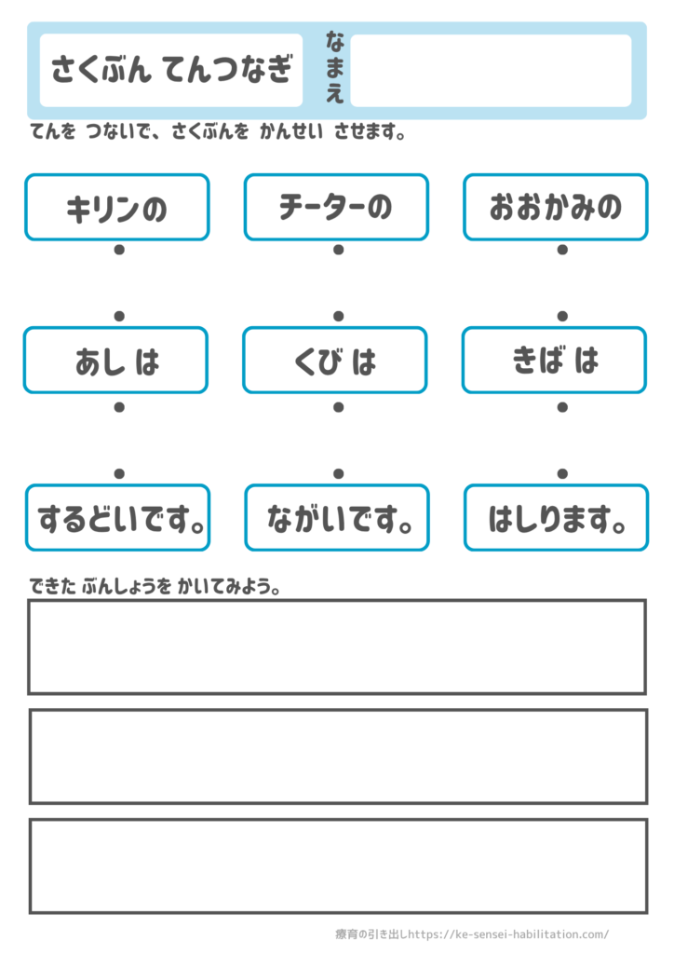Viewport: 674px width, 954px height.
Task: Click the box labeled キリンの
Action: [117, 208]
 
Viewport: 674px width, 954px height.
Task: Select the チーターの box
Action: [337, 208]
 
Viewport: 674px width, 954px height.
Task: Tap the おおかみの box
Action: [556, 208]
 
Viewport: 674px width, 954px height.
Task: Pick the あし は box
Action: [116, 361]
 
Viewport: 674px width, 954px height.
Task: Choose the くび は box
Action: [335, 361]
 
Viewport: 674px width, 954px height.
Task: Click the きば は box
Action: [555, 361]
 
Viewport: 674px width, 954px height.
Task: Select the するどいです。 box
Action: [118, 518]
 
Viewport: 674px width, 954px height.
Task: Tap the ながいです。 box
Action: [337, 518]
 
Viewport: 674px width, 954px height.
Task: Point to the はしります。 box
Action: [557, 518]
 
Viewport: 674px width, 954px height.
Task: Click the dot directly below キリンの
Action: [119, 250]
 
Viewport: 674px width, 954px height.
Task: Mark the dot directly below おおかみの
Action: [563, 250]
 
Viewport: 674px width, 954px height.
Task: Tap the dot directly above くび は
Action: [339, 316]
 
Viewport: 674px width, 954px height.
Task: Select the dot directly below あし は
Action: [119, 407]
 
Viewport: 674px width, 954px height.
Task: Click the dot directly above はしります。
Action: [563, 473]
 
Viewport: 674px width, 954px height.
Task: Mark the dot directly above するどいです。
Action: [119, 473]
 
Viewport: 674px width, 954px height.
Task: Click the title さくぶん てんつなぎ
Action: [172, 69]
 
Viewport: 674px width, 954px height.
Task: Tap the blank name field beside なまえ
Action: [491, 71]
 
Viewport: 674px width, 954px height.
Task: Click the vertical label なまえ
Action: [335, 67]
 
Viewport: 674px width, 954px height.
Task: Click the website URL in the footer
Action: [508, 934]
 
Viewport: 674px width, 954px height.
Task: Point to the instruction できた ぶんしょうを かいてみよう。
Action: [155, 587]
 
